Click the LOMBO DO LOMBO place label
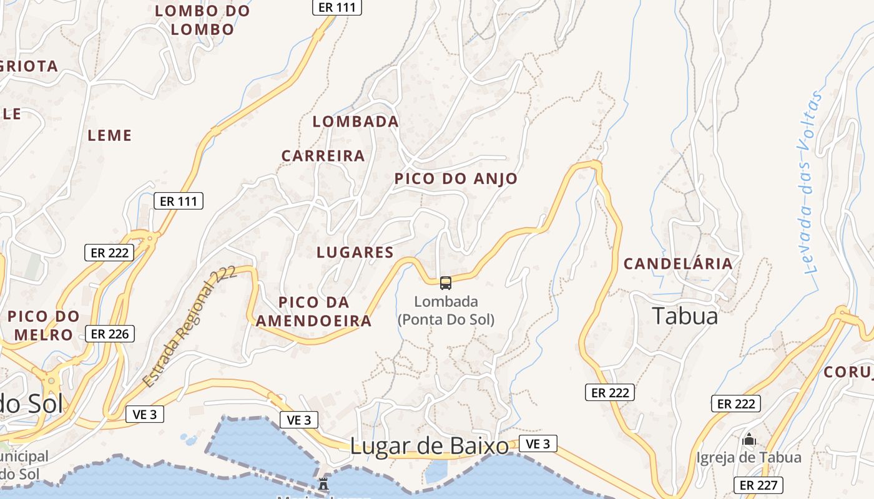pos(202,20)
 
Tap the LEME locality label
pos(110,135)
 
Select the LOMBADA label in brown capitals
pos(355,122)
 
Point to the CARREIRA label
pos(323,156)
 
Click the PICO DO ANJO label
pos(456,179)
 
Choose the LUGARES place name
pos(355,253)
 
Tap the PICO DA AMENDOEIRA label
pos(314,312)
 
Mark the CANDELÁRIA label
pos(678,264)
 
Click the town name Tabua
pos(685,316)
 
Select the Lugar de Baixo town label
pos(430,447)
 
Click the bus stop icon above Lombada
pos(446,283)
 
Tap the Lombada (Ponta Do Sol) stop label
pos(446,311)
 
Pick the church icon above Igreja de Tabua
pos(749,440)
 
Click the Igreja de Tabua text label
pos(749,458)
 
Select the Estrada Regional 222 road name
pos(190,326)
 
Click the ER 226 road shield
pos(110,334)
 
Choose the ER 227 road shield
pos(757,485)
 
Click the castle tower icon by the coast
pos(323,483)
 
